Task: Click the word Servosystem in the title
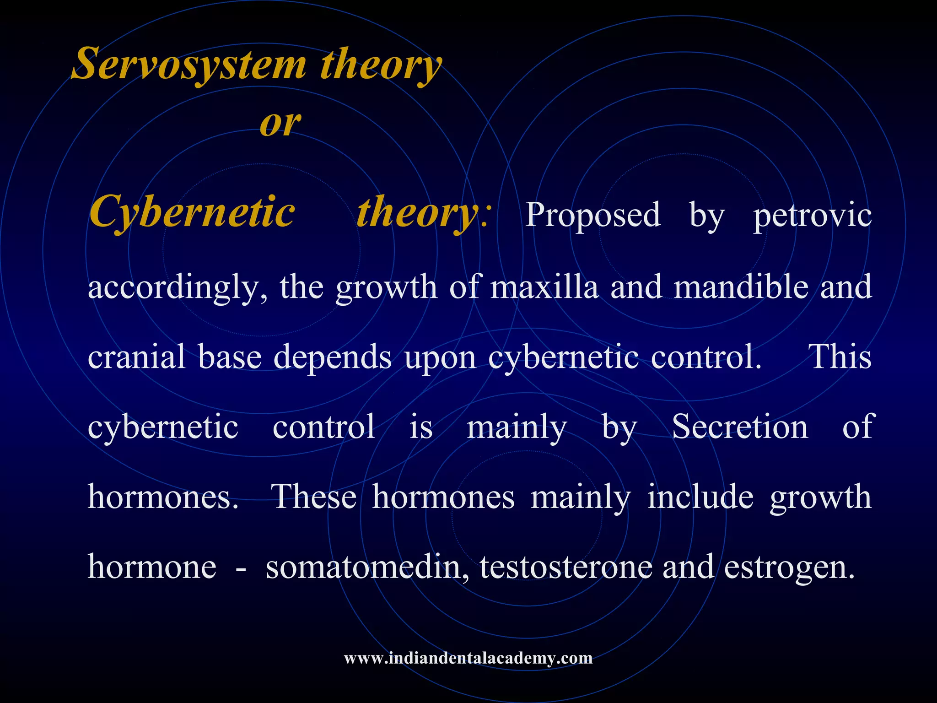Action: pos(189,65)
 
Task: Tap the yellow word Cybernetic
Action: pos(192,212)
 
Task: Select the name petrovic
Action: pos(813,215)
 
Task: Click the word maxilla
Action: pos(544,287)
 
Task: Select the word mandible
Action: pos(741,287)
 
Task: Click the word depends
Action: pos(333,357)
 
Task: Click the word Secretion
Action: pos(740,427)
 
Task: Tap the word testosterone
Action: pos(565,567)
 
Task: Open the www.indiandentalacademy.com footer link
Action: pos(468,658)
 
